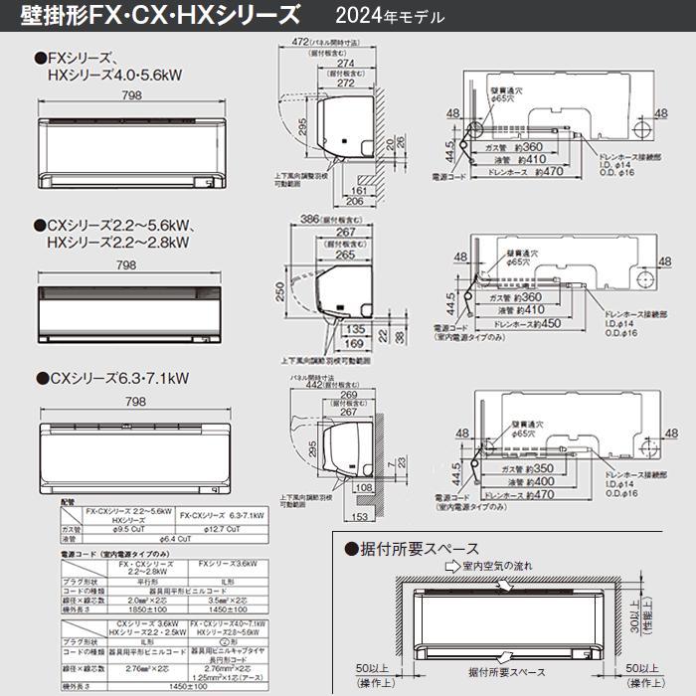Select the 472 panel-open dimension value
click(x=297, y=41)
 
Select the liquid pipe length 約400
click(x=545, y=481)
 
